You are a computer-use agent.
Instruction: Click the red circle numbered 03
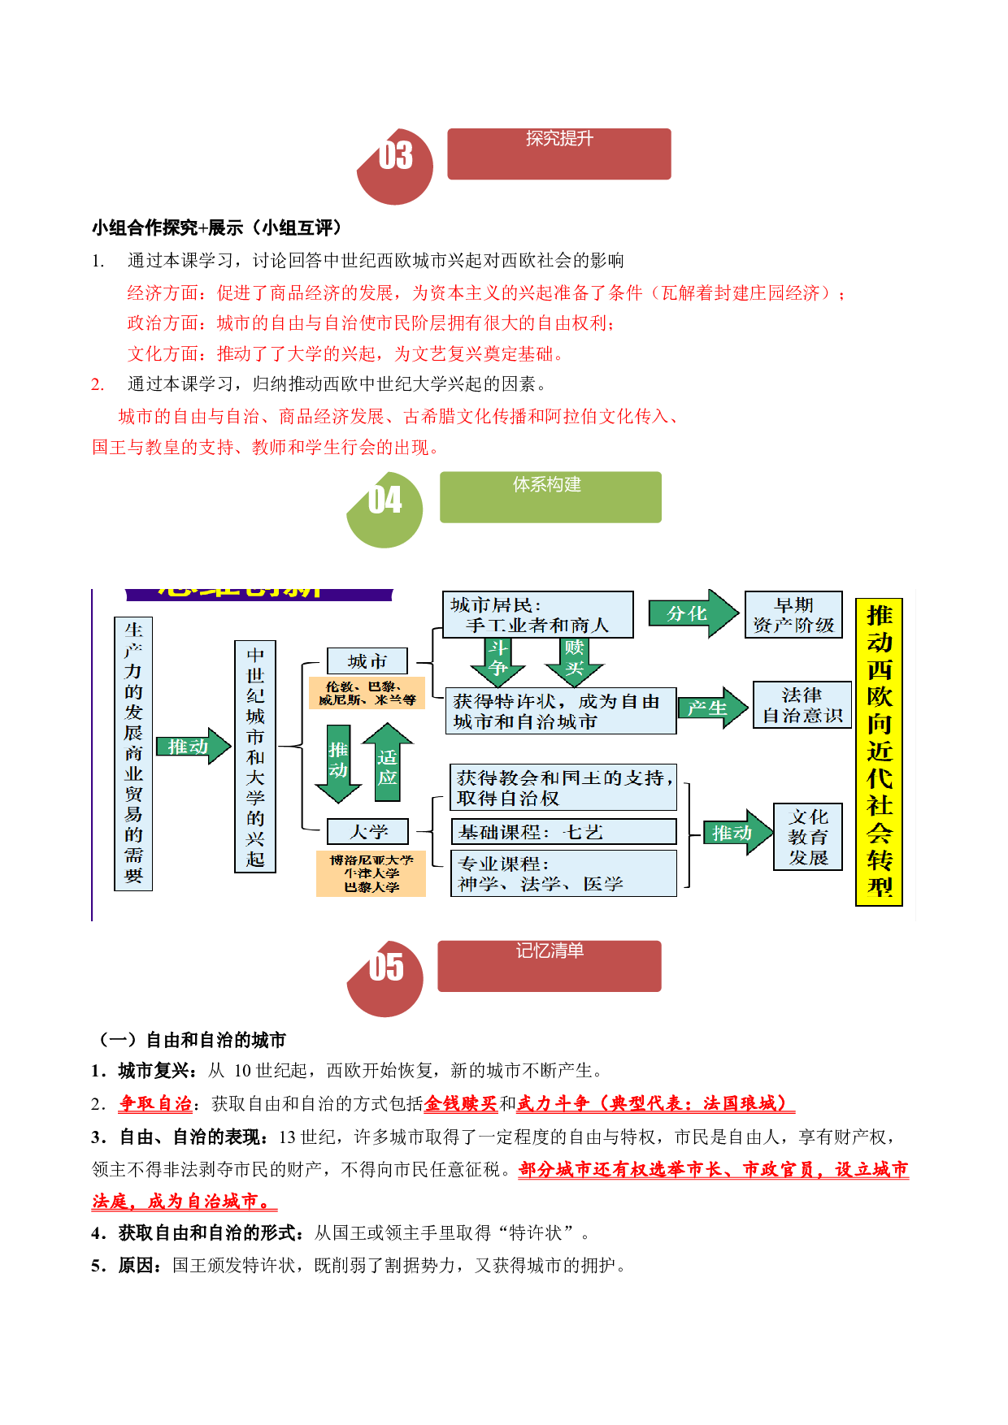396,167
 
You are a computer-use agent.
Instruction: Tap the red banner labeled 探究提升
559,154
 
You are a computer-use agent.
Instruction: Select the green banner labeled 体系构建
550,497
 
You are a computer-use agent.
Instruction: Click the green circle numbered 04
385,510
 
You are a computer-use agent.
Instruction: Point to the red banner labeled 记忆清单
550,966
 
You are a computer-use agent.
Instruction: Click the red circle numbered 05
385,978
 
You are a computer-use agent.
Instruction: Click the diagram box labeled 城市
367,661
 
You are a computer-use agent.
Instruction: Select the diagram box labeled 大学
367,832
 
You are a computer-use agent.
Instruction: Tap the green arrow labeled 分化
693,613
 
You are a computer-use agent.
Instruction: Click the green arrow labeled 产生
713,708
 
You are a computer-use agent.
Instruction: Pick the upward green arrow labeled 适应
388,763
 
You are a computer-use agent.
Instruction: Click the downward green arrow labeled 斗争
498,662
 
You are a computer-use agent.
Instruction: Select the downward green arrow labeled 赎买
574,662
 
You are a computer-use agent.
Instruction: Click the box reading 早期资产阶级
793,615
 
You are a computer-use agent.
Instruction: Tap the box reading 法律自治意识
802,705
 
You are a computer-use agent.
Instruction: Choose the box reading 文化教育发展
808,837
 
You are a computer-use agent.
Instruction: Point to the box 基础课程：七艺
563,832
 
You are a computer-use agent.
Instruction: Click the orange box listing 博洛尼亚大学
371,873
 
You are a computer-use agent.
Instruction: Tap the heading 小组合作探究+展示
167,227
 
